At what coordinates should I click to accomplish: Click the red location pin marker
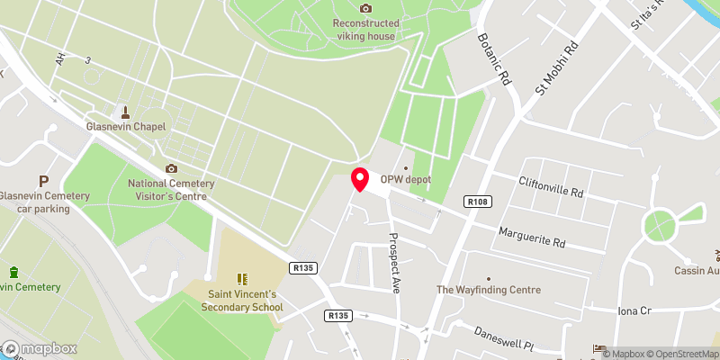(359, 179)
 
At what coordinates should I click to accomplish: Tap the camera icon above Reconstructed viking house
(365, 8)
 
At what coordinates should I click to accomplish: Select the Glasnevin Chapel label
(126, 127)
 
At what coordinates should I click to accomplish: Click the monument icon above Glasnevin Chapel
(125, 112)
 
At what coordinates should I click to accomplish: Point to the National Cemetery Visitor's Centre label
(170, 189)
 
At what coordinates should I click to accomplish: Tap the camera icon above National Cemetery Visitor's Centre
(171, 168)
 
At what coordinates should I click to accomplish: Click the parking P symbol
(42, 181)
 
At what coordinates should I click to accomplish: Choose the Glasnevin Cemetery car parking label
(43, 202)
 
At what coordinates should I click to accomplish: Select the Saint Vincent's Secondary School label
(243, 301)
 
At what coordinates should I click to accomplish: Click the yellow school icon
(241, 280)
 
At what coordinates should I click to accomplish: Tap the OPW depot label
(405, 179)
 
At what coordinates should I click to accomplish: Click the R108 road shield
(477, 202)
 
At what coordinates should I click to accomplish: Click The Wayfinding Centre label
(489, 290)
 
